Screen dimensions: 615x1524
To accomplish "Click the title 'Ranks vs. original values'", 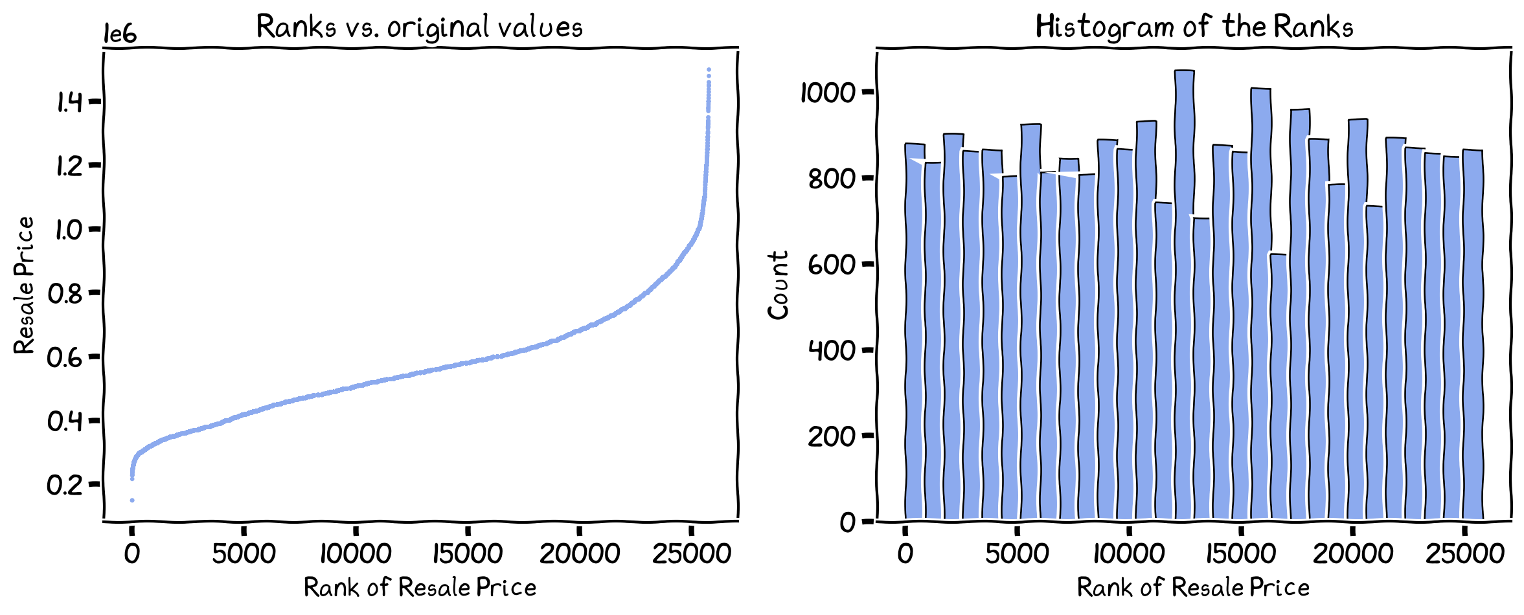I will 420,27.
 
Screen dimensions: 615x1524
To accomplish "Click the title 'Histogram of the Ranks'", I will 1194,27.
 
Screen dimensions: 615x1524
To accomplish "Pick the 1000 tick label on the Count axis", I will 828,93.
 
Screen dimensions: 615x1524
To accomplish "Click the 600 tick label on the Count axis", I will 832,264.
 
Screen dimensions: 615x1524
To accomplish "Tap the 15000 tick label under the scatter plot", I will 467,554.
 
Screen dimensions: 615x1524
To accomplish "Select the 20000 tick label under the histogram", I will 1353,554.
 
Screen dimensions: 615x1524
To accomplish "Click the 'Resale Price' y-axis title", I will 24,285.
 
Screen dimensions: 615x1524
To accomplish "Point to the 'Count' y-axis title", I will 778,285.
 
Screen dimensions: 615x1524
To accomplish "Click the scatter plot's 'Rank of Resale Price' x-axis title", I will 420,588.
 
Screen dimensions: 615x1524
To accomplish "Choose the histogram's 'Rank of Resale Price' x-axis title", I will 1193,588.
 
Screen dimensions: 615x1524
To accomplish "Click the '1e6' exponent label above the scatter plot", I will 120,34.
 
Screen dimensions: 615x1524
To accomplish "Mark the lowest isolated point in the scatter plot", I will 132,500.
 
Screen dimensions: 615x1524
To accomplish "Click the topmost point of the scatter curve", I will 709,70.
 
